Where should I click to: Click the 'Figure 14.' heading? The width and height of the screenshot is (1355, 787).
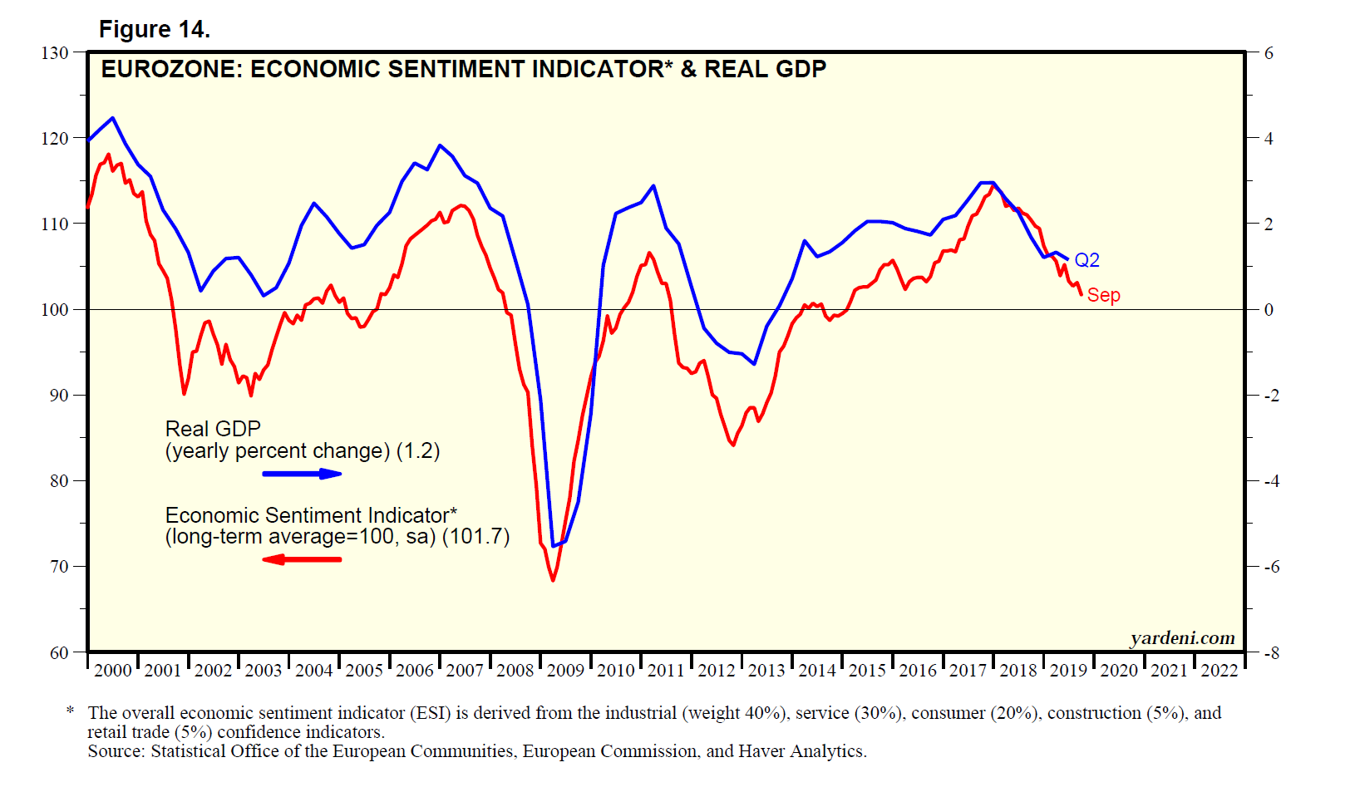pos(155,30)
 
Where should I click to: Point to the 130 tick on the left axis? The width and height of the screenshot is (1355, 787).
pos(55,53)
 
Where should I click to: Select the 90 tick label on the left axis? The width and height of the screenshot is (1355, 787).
pos(58,396)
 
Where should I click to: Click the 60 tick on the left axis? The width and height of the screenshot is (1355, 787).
pos(58,653)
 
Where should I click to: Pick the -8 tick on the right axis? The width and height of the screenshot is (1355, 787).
pos(1272,653)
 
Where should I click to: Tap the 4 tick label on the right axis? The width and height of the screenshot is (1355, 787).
pos(1269,139)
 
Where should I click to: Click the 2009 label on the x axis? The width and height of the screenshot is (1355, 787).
pos(565,671)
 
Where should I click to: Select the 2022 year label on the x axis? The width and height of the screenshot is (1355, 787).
pos(1219,671)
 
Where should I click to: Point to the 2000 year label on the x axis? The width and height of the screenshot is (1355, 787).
pos(113,671)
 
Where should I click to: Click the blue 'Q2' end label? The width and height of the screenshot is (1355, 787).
pos(1087,260)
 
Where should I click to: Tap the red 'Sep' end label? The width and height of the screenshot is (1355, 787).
pos(1104,295)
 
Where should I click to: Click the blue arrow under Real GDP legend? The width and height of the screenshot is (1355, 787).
pos(302,474)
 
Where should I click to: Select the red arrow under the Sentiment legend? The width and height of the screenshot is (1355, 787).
pos(302,559)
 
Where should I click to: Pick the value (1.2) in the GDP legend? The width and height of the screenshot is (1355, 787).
pos(418,451)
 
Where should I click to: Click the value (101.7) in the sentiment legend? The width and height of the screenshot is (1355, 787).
pos(475,537)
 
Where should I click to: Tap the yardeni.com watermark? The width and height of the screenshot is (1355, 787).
pos(1182,638)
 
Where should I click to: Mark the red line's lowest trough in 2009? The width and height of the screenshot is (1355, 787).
pos(553,580)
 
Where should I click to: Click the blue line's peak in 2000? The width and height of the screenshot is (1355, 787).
pos(113,118)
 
